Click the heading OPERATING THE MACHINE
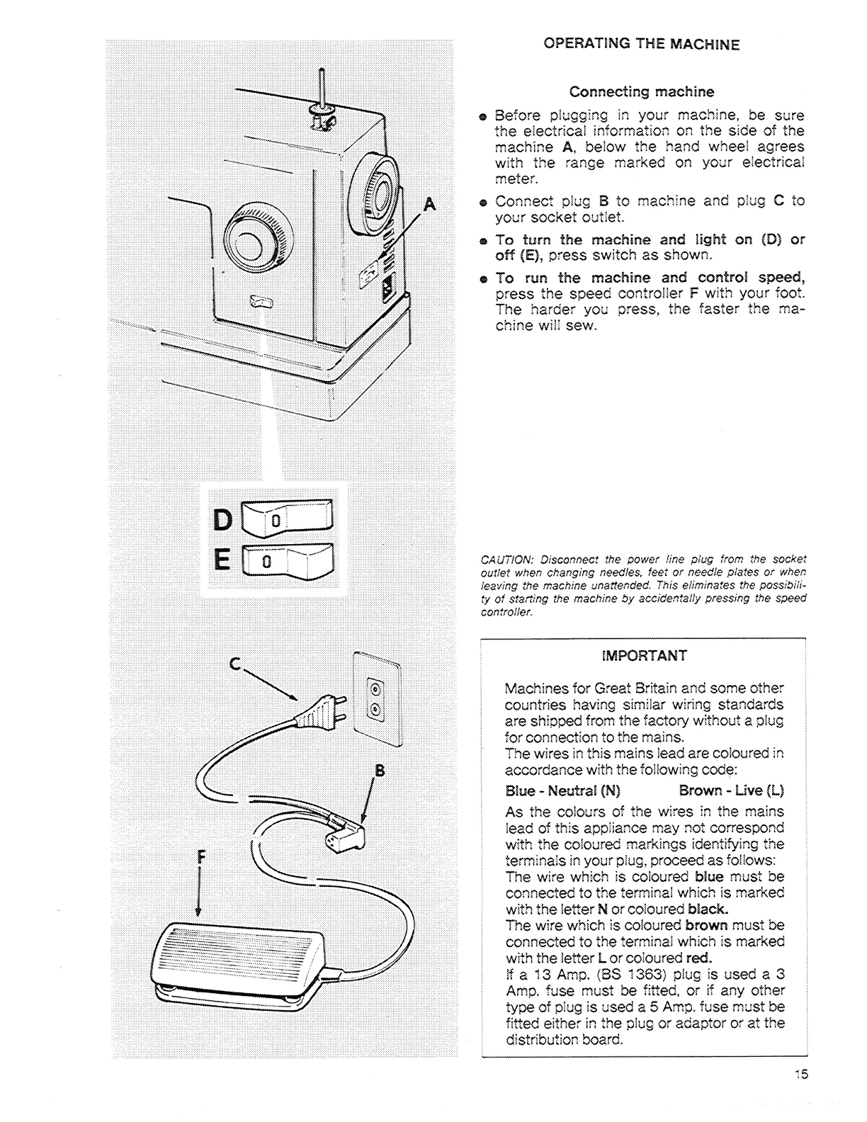641,44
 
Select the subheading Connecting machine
642,92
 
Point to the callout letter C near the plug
236,664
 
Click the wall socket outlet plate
376,698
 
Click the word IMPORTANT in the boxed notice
644,656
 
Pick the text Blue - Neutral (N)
562,790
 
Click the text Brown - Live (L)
731,790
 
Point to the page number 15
800,1074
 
